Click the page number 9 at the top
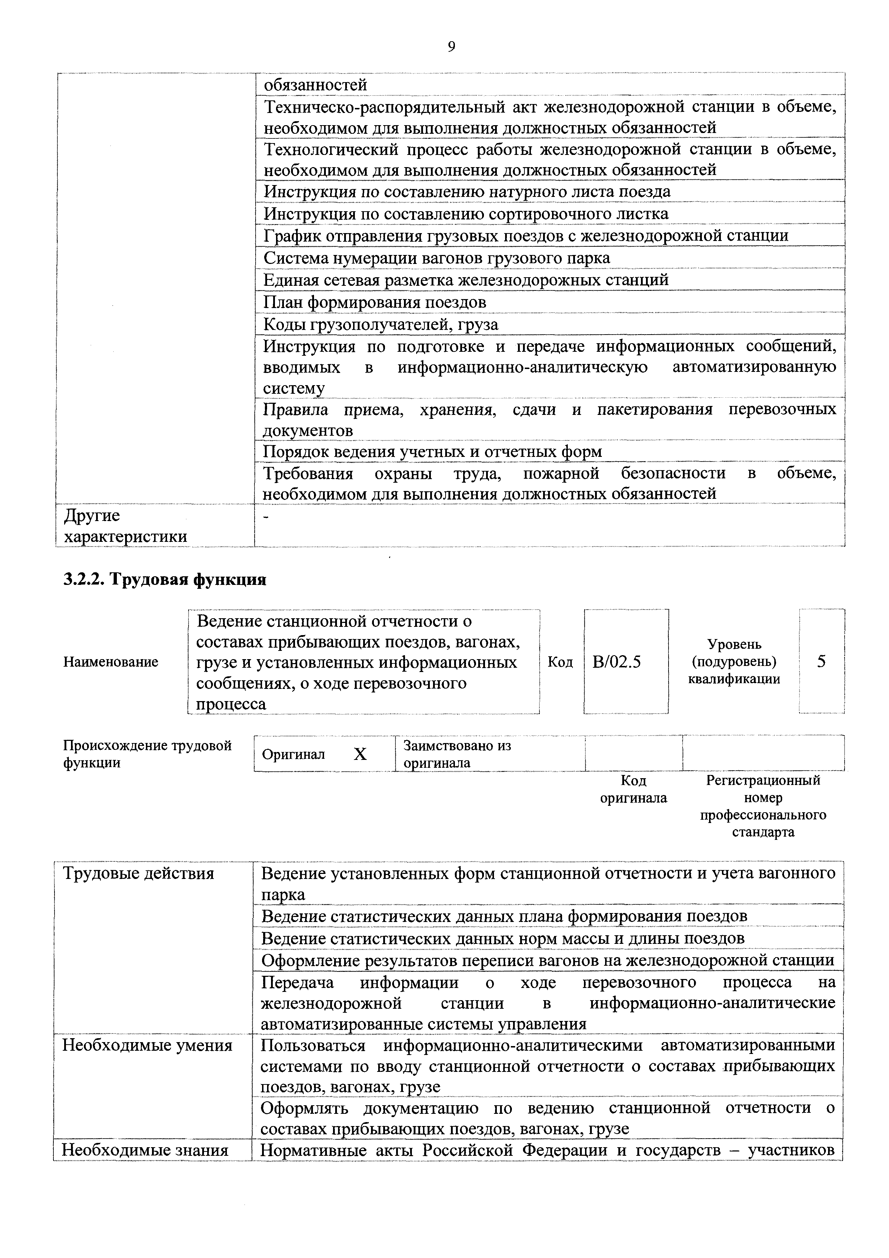pyautogui.click(x=451, y=47)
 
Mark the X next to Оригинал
pyautogui.click(x=360, y=755)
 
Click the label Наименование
pyautogui.click(x=111, y=662)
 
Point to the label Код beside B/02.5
pyautogui.click(x=560, y=662)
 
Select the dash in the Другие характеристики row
pyautogui.click(x=267, y=516)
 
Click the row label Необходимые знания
pyautogui.click(x=145, y=1150)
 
